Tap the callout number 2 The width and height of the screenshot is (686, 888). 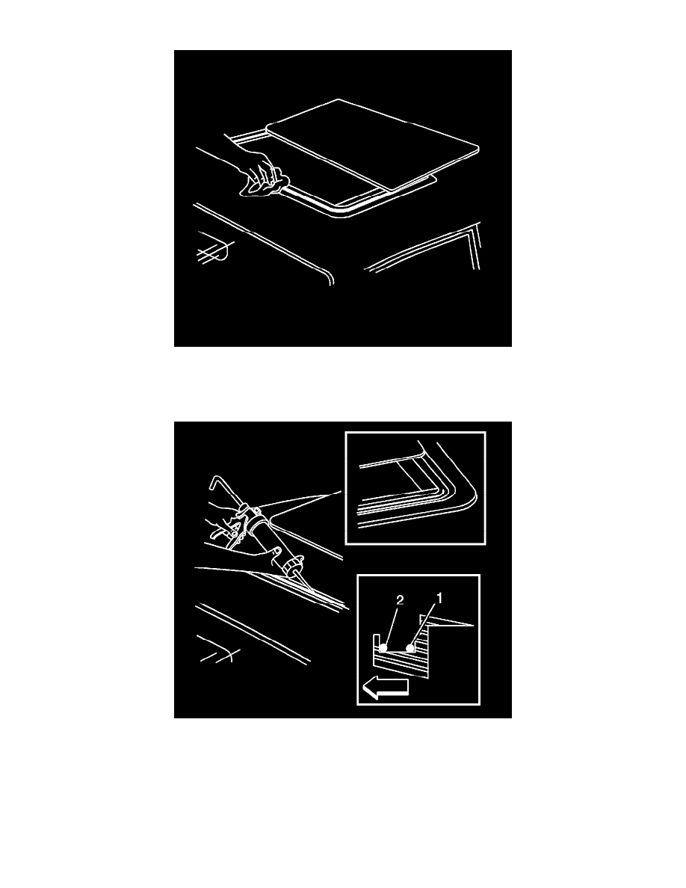pyautogui.click(x=400, y=600)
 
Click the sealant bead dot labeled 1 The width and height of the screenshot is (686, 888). pyautogui.click(x=410, y=647)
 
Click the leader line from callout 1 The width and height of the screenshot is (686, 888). pyautogui.click(x=424, y=623)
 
